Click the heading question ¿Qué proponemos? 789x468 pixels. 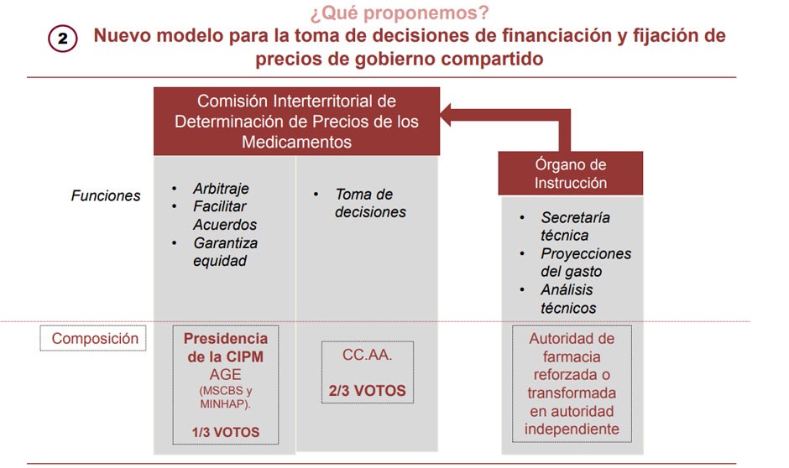pos(388,13)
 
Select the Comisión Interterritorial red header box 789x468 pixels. pos(296,122)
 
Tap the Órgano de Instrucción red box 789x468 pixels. pos(571,174)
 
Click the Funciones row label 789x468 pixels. pos(106,196)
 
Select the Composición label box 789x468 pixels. pos(95,339)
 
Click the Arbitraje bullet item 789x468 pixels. pos(221,189)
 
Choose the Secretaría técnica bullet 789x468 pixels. pos(575,226)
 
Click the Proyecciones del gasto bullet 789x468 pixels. pos(585,263)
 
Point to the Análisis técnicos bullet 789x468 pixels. pos(568,299)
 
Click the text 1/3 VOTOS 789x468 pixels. pos(226,433)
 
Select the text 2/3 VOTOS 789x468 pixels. pos(368,390)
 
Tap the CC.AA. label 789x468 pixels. pos(367,355)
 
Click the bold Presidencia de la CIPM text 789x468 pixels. pos(226,346)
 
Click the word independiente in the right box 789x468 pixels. pos(572,429)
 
